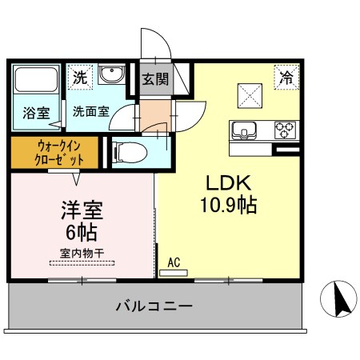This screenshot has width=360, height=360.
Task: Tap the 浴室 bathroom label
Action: coord(35,113)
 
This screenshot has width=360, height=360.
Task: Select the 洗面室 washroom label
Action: coord(91,112)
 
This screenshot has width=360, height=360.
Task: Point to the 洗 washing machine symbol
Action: coord(79,78)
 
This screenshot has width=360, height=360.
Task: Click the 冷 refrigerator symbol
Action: coord(285,77)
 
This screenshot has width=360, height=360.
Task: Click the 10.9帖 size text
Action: coord(228,206)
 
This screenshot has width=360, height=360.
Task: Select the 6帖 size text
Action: coord(81,234)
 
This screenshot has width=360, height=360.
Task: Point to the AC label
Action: coord(174,262)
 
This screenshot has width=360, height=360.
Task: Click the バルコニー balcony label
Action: coord(154,305)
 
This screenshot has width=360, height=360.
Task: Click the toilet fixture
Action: coord(129,151)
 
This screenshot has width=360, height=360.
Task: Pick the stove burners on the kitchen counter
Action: coord(284,129)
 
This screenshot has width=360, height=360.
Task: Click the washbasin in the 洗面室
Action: coord(111,76)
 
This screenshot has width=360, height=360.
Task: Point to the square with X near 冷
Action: coord(250,96)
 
